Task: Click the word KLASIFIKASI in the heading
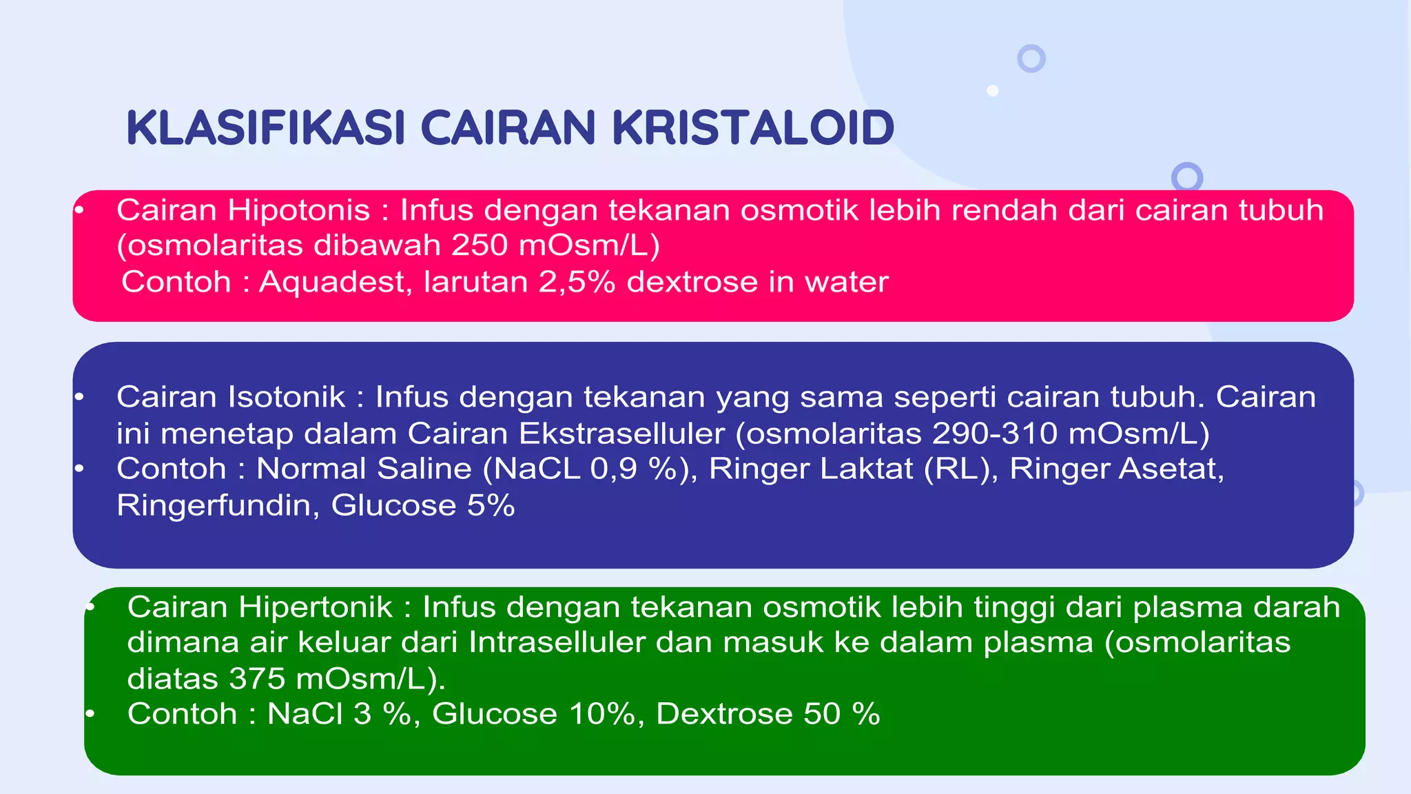tap(265, 128)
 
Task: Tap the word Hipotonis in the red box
tap(299, 210)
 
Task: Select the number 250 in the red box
tap(480, 245)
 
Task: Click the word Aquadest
tap(335, 282)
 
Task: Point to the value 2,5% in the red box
tap(577, 282)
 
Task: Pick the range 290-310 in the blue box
tap(994, 434)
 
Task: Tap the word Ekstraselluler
tap(621, 434)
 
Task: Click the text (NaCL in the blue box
tap(531, 469)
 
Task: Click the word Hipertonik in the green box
tap(315, 607)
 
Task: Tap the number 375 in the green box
tap(257, 679)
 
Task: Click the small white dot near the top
tap(993, 90)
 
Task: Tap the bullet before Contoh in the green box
tap(90, 714)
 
